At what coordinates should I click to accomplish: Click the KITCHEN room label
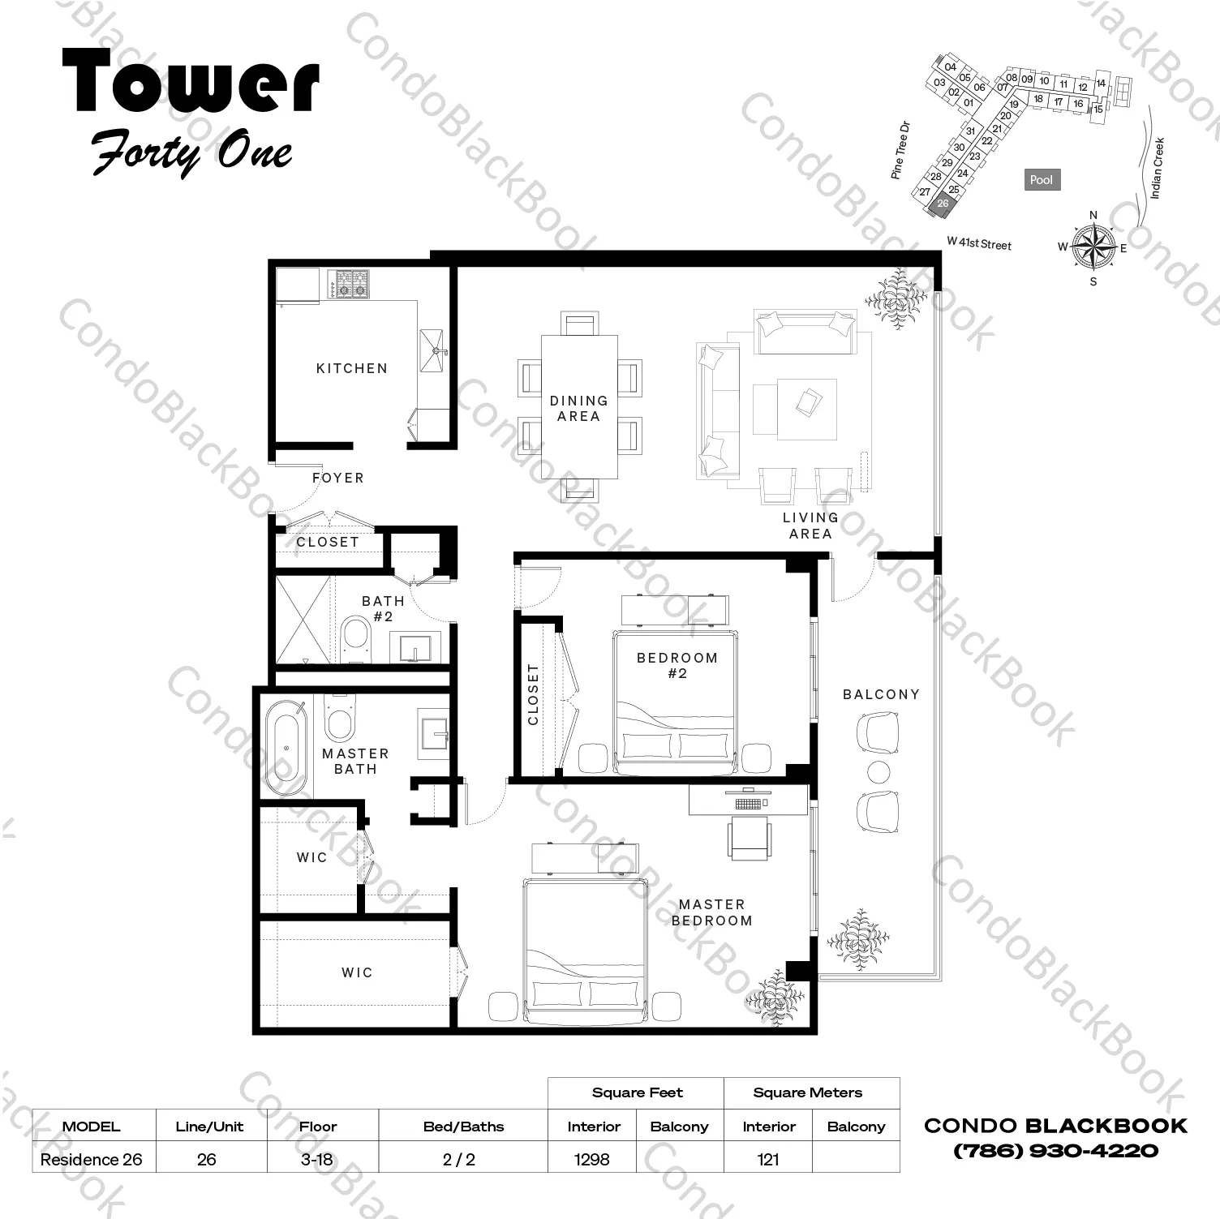click(351, 368)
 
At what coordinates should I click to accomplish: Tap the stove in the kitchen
click(349, 284)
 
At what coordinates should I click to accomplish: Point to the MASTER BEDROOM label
click(711, 912)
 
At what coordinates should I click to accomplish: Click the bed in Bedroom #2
click(677, 701)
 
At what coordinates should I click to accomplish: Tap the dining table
click(579, 407)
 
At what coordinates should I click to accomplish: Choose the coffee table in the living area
click(807, 409)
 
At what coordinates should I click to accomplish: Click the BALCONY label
click(881, 694)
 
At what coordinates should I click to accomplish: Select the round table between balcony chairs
click(878, 771)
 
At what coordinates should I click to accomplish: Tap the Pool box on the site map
click(1042, 180)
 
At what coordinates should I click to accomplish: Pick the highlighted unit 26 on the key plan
click(943, 204)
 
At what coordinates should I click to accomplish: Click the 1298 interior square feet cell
click(592, 1159)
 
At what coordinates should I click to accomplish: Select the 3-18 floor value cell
click(317, 1159)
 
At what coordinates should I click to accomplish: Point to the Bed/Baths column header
click(463, 1127)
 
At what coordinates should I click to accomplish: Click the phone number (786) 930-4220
click(1055, 1150)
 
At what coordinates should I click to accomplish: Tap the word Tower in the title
click(191, 81)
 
